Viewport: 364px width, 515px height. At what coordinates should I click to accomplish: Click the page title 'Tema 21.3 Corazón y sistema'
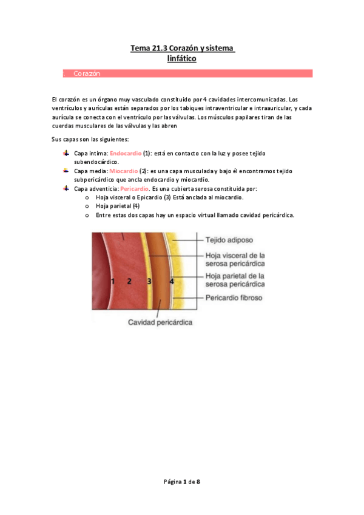click(x=182, y=47)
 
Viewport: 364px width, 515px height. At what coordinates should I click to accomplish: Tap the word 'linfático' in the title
click(x=182, y=58)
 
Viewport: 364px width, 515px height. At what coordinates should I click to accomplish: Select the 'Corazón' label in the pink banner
click(x=86, y=73)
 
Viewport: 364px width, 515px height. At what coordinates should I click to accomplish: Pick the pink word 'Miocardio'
click(x=123, y=171)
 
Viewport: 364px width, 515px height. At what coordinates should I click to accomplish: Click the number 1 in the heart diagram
click(x=113, y=281)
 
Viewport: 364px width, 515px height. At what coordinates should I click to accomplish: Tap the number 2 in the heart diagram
click(x=129, y=281)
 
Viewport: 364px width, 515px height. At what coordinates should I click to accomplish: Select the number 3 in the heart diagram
click(x=149, y=281)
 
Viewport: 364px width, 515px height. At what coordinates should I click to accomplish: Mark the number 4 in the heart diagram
click(x=172, y=281)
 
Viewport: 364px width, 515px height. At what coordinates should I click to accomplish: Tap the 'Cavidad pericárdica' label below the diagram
click(x=160, y=322)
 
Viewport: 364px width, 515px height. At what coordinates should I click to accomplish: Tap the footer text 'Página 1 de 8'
click(x=182, y=482)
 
